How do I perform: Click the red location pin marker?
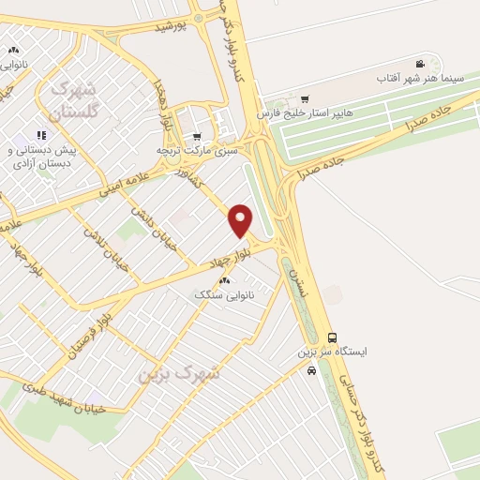tap(241, 219)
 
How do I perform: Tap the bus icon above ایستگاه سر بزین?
tap(332, 337)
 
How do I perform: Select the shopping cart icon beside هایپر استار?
tap(304, 97)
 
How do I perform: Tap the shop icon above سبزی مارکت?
tap(197, 134)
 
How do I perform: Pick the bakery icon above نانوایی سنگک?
tap(223, 281)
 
